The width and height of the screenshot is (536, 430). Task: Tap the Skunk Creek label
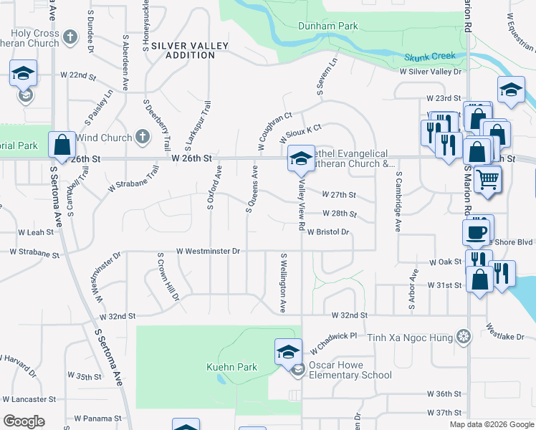coord(430,57)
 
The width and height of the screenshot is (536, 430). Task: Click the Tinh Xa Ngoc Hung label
coord(411,337)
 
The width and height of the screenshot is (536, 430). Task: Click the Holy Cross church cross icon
coord(70,36)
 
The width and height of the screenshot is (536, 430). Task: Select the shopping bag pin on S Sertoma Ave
coord(62,145)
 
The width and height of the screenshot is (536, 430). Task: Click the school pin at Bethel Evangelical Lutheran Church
coord(300,160)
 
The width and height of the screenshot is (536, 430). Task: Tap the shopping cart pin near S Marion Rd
coord(487,178)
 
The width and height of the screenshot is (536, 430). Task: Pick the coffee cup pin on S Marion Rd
coord(477,232)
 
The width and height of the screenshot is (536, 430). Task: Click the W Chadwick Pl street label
coord(334,342)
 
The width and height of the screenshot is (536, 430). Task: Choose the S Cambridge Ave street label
coord(398,201)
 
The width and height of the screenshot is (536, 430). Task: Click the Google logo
coord(24,421)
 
